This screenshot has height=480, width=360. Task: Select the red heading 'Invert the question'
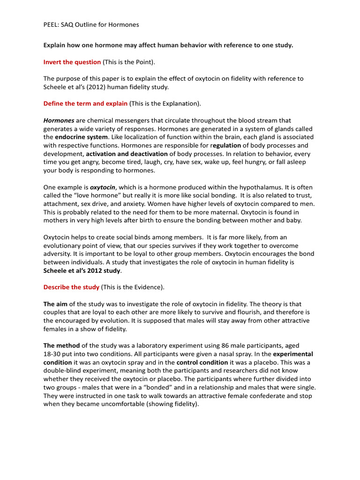(x=72, y=62)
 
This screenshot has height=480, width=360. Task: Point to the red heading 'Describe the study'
(x=71, y=287)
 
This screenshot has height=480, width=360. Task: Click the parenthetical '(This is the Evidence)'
(x=133, y=287)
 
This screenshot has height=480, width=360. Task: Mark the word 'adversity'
(x=57, y=254)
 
